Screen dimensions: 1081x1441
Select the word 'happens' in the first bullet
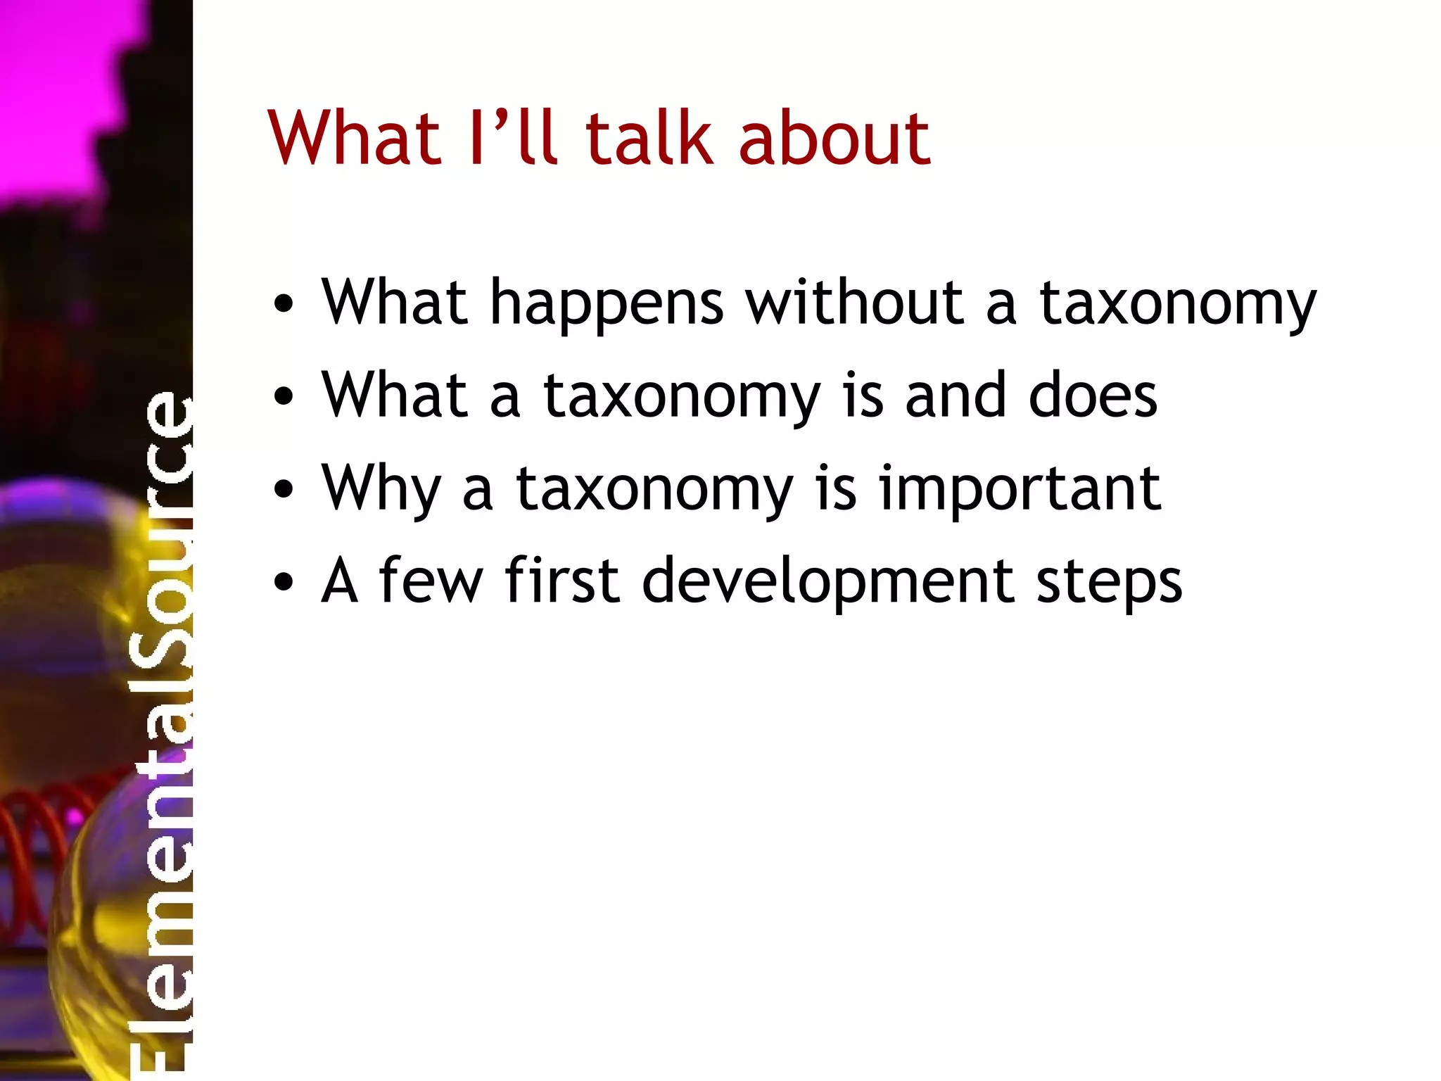point(607,304)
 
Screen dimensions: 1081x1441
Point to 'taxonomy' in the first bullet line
point(1178,307)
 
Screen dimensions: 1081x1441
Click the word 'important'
point(1020,491)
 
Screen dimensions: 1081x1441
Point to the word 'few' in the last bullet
point(431,581)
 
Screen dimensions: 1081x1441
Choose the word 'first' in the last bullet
point(562,581)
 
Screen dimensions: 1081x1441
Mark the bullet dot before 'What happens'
point(284,305)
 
